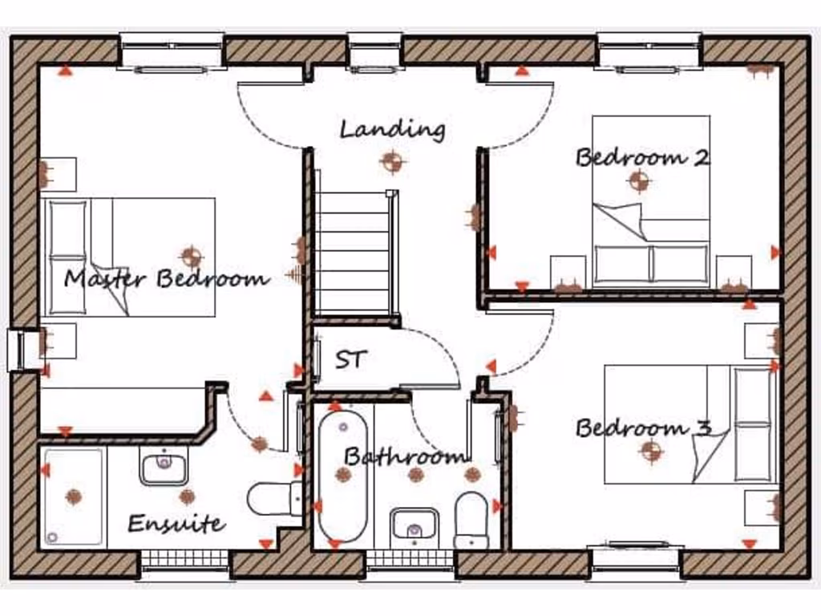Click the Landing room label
392,128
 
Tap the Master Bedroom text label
167,279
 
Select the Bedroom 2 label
642,156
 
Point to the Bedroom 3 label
644,428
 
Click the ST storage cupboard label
349,359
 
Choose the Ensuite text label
176,525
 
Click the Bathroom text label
405,457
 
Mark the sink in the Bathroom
414,526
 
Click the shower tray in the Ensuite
73,496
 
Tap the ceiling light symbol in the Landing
391,163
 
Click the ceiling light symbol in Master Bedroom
191,257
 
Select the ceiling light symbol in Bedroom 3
651,452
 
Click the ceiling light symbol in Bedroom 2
638,181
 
